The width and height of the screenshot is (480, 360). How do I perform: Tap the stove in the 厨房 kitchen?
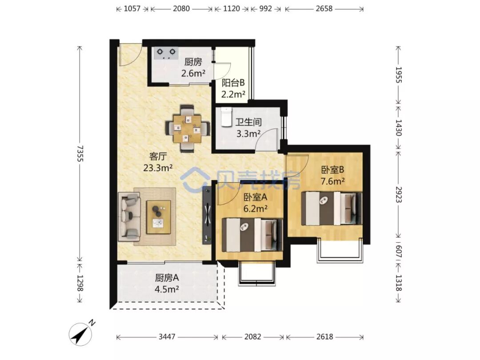click(166, 53)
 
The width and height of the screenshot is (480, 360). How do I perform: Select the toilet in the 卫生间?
click(227, 116)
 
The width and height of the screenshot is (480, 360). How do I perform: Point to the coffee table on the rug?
click(159, 216)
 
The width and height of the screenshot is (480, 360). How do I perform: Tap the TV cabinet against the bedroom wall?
click(207, 215)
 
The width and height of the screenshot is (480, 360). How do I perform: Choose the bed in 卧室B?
click(331, 208)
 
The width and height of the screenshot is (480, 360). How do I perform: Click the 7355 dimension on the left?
click(80, 153)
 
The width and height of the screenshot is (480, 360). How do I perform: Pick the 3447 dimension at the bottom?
click(167, 337)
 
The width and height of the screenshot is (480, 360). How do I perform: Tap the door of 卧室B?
click(297, 164)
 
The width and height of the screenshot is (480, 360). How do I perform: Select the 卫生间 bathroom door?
click(269, 138)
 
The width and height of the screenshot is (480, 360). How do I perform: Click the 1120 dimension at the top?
click(231, 8)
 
